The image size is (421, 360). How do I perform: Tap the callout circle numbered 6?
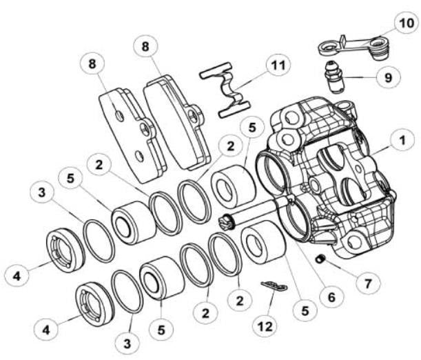coord(330,297)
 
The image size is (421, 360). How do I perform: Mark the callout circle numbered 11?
coord(278,66)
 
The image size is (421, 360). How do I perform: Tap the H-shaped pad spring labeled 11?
coord(225,90)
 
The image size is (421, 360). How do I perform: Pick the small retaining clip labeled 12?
coord(274,286)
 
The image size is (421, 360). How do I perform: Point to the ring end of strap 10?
coord(327,48)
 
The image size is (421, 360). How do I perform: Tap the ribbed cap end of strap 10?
coord(376,49)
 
